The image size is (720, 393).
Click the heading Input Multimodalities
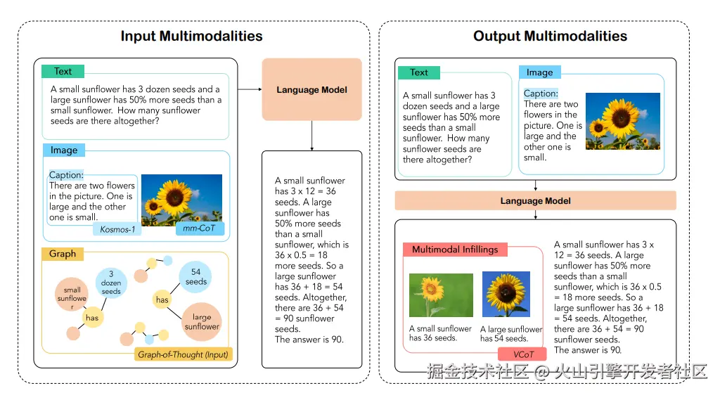(x=191, y=37)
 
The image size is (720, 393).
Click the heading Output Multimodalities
(x=550, y=37)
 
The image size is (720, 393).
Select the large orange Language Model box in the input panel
(x=311, y=89)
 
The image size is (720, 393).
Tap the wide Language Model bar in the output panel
(x=535, y=201)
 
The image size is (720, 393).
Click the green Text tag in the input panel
(x=63, y=71)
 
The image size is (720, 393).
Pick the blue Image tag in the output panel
(x=539, y=72)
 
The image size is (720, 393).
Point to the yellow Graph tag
(x=63, y=254)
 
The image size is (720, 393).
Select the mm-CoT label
(x=200, y=229)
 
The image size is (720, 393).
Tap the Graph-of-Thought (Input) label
(x=183, y=354)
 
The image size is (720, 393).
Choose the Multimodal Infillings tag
(x=454, y=250)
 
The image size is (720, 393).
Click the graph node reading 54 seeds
(x=196, y=277)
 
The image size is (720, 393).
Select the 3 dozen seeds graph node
(x=111, y=283)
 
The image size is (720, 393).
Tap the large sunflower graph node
(x=202, y=322)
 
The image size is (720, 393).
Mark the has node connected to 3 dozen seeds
(x=91, y=318)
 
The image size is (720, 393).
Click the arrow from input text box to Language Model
(x=249, y=89)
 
